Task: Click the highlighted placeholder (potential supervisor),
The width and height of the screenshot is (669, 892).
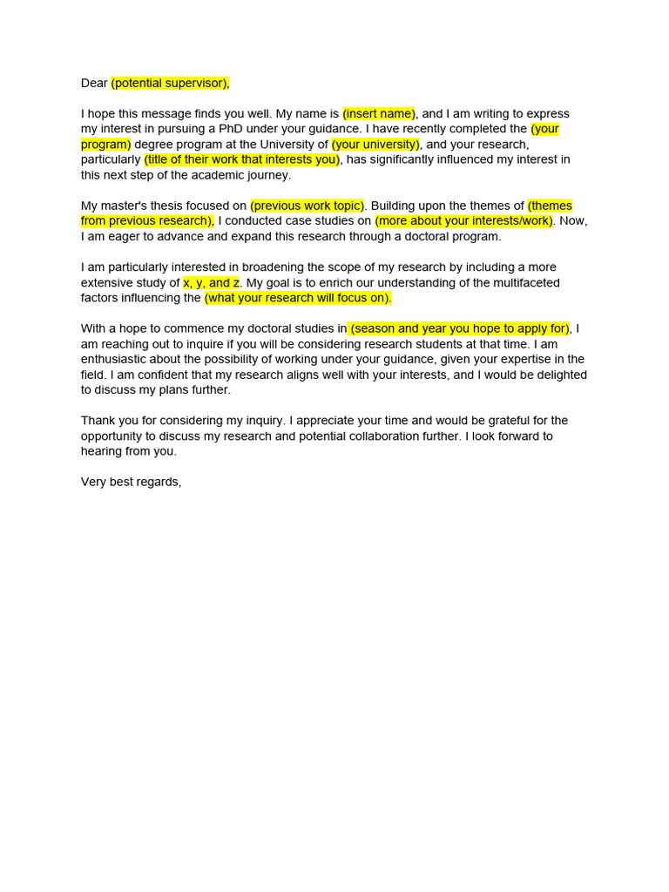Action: pyautogui.click(x=170, y=83)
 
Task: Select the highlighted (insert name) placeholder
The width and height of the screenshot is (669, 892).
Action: pyautogui.click(x=379, y=113)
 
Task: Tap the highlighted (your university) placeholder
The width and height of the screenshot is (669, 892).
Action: pyautogui.click(x=375, y=144)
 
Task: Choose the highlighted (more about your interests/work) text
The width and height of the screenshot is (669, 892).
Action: pyautogui.click(x=464, y=220)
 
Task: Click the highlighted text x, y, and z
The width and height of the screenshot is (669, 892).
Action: pyautogui.click(x=211, y=282)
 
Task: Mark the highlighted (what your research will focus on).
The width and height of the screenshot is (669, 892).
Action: pyautogui.click(x=298, y=298)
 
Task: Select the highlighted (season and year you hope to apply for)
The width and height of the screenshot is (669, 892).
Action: pyautogui.click(x=459, y=328)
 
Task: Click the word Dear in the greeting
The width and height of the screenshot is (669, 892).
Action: pyautogui.click(x=94, y=83)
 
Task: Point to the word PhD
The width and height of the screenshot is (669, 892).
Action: pyautogui.click(x=233, y=129)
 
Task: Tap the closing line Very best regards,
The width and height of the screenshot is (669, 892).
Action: pyautogui.click(x=131, y=482)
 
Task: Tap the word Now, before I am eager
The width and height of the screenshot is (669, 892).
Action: pyautogui.click(x=573, y=220)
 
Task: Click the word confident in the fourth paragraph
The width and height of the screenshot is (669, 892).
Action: pyautogui.click(x=177, y=375)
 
